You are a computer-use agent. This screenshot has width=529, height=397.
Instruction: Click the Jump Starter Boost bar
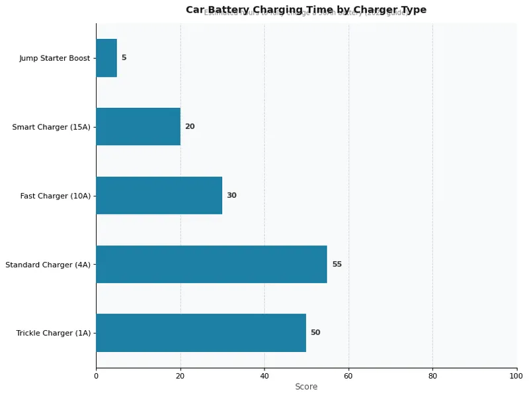[106, 58]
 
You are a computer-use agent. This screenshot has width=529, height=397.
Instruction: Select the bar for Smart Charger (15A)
[138, 126]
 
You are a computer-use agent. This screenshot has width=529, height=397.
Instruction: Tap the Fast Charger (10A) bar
[159, 195]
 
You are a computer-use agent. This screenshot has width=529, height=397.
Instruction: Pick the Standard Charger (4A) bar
[212, 264]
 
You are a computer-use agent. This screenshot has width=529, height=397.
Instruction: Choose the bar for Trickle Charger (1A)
[201, 333]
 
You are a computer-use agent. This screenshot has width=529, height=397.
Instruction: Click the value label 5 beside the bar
[124, 58]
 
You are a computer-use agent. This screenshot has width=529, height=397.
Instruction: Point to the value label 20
[190, 126]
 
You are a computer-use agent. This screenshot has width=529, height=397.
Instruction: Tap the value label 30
[231, 195]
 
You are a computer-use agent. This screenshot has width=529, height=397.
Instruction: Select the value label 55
[337, 264]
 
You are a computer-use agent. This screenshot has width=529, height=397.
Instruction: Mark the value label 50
[315, 333]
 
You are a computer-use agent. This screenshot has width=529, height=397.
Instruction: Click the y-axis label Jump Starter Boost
[55, 58]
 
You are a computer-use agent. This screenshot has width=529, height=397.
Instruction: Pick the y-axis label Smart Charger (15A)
[51, 127]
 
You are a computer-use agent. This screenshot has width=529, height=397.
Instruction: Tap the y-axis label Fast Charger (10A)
[56, 196]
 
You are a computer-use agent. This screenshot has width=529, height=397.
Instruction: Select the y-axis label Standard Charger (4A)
[48, 265]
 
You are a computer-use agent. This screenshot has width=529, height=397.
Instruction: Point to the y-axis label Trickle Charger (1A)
[54, 333]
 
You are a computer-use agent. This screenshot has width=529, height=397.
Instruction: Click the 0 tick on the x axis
[96, 376]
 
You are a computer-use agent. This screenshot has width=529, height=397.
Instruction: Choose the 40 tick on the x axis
[264, 376]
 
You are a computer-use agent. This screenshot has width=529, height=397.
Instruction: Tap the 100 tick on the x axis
[517, 376]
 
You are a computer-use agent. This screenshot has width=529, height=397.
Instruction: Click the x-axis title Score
[306, 387]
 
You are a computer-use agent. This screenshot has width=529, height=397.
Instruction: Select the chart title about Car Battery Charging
[306, 9]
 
